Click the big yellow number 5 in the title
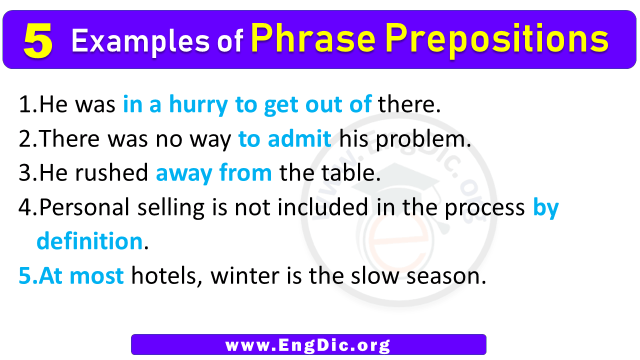[x=38, y=40]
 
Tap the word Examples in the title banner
[x=140, y=41]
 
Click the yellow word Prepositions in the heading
[x=497, y=39]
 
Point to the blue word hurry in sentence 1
[x=198, y=105]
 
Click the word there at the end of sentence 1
[x=409, y=104]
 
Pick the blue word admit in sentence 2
[x=299, y=138]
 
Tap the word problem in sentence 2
[x=423, y=139]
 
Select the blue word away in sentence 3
[x=184, y=174]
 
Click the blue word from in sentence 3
[x=245, y=172]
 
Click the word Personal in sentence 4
[x=84, y=206]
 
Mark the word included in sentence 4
[x=323, y=206]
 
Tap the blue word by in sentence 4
[x=545, y=208]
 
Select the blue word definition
[x=89, y=241]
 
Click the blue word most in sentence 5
[x=96, y=275]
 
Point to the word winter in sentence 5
[x=245, y=275]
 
